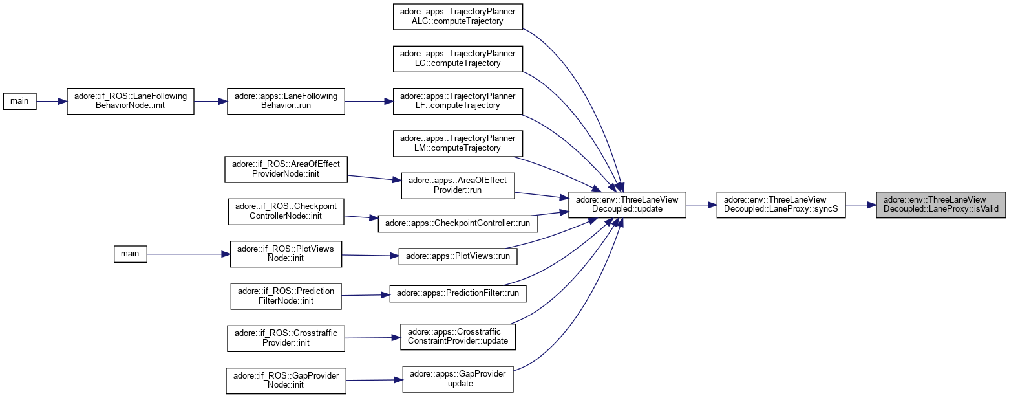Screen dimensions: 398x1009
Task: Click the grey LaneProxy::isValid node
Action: (x=940, y=205)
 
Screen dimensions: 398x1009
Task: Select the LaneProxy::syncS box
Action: (x=781, y=205)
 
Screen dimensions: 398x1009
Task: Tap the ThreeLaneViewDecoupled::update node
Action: (x=626, y=205)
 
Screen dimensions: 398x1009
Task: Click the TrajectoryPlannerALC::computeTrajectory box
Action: (x=458, y=16)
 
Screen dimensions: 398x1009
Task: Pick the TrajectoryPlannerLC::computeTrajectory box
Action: (x=458, y=59)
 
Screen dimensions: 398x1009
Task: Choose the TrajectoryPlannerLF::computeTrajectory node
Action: (x=458, y=102)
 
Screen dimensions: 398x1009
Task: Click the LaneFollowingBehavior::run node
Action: (x=286, y=102)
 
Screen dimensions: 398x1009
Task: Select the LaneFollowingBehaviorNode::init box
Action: (x=131, y=102)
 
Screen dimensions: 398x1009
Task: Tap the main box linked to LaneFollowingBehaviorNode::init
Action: (x=19, y=102)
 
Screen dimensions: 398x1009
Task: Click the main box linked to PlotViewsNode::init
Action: (x=130, y=254)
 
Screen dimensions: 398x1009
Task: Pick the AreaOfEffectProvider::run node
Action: (x=458, y=186)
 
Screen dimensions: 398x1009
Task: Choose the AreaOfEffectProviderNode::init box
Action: (x=286, y=170)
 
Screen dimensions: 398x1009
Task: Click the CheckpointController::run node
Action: (x=457, y=223)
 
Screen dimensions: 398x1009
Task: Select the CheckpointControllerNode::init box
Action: (x=285, y=212)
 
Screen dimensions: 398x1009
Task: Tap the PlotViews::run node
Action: (x=458, y=256)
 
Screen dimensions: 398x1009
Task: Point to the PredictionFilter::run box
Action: (x=458, y=293)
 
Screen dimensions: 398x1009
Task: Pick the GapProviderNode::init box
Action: (x=286, y=381)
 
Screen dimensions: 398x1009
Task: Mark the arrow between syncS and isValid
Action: (x=860, y=205)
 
